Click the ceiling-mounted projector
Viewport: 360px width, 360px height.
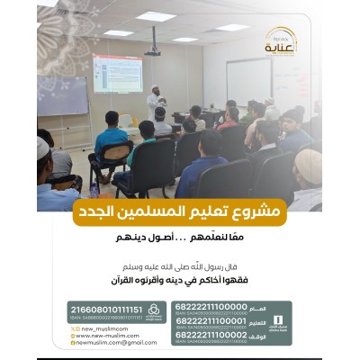pyautogui.click(x=152, y=52)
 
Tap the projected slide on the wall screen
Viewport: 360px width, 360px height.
pyautogui.click(x=117, y=73)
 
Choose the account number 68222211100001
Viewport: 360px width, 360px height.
pyautogui.click(x=212, y=321)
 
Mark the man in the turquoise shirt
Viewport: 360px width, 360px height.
pyautogui.click(x=110, y=140)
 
